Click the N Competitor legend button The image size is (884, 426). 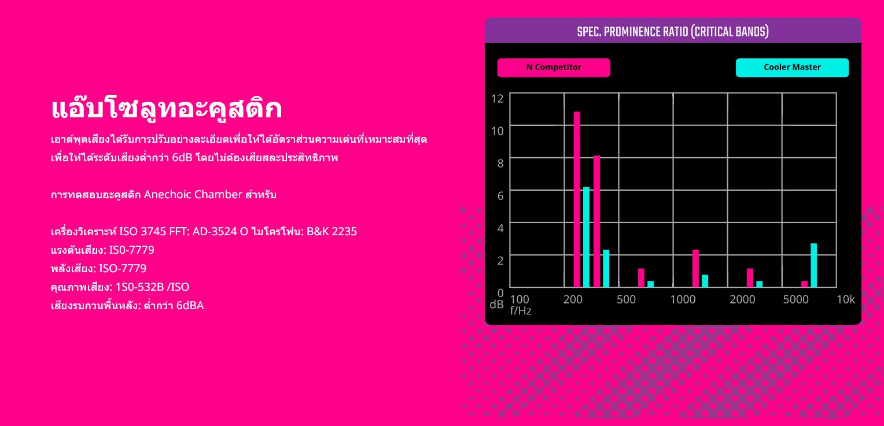[554, 68]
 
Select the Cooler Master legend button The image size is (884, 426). [792, 68]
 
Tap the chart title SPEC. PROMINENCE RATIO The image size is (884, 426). [673, 32]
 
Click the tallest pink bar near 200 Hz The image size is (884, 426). [577, 199]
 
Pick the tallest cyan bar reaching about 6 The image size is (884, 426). [586, 237]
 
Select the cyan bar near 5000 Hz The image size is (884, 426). [814, 265]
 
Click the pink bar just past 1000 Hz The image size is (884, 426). [695, 268]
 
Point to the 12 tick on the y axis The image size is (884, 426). [498, 98]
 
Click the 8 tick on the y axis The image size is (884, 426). [500, 163]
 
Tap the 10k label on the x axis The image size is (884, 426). [846, 299]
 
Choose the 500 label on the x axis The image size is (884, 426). [627, 299]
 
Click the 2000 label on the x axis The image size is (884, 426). [742, 299]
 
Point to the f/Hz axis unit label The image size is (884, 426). [521, 311]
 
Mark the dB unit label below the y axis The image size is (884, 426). [496, 305]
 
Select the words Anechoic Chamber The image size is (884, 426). [193, 194]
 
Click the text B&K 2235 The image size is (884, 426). [331, 231]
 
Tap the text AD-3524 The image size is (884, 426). [215, 231]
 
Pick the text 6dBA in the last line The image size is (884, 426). [190, 305]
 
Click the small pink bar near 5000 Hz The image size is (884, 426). [804, 284]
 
